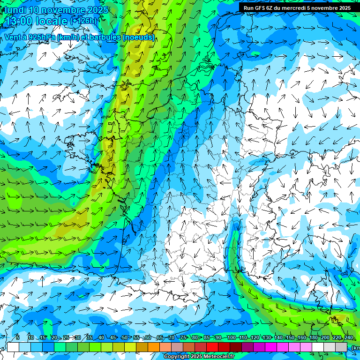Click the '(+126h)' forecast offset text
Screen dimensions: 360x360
point(83,21)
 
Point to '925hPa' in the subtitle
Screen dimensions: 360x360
point(37,37)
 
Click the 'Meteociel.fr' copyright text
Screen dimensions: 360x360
point(216,357)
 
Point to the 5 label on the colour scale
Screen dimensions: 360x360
point(17,337)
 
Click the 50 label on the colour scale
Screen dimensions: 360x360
point(124,337)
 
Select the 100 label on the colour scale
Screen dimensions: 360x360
point(231,337)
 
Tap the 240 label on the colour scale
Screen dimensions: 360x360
point(348,337)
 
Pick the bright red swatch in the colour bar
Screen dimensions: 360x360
point(212,347)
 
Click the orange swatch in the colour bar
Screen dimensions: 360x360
point(154,347)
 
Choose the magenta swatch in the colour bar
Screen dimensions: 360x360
point(271,347)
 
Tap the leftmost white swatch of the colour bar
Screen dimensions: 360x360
point(13,347)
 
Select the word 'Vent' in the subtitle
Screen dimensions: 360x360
point(13,37)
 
